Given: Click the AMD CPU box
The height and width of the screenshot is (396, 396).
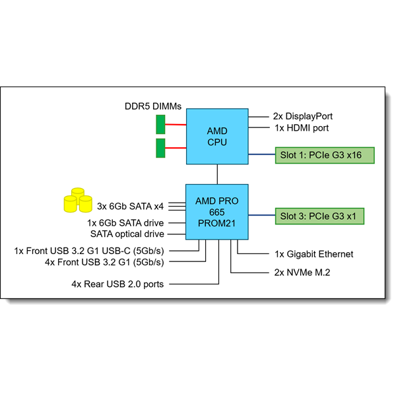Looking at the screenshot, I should click(217, 137).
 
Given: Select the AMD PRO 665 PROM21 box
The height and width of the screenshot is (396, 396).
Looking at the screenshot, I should click(217, 211).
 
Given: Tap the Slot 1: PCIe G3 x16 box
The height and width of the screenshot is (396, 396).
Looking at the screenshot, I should click(325, 156).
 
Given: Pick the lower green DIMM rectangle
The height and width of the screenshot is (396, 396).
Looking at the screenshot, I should click(160, 148).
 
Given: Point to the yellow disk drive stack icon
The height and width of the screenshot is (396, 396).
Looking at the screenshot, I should click(77, 200).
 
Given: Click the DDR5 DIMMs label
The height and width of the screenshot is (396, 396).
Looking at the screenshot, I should click(153, 106).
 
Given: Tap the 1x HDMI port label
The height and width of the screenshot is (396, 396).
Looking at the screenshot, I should click(300, 128).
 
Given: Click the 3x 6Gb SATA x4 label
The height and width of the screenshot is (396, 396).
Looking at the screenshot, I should click(130, 205).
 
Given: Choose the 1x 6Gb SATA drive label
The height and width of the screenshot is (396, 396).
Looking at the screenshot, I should click(125, 223).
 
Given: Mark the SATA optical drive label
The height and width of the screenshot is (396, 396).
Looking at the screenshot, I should click(127, 234).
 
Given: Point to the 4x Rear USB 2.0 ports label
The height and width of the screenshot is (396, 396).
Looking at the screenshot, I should click(117, 284).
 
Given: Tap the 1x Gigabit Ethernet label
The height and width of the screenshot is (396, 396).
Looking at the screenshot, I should click(313, 254).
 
